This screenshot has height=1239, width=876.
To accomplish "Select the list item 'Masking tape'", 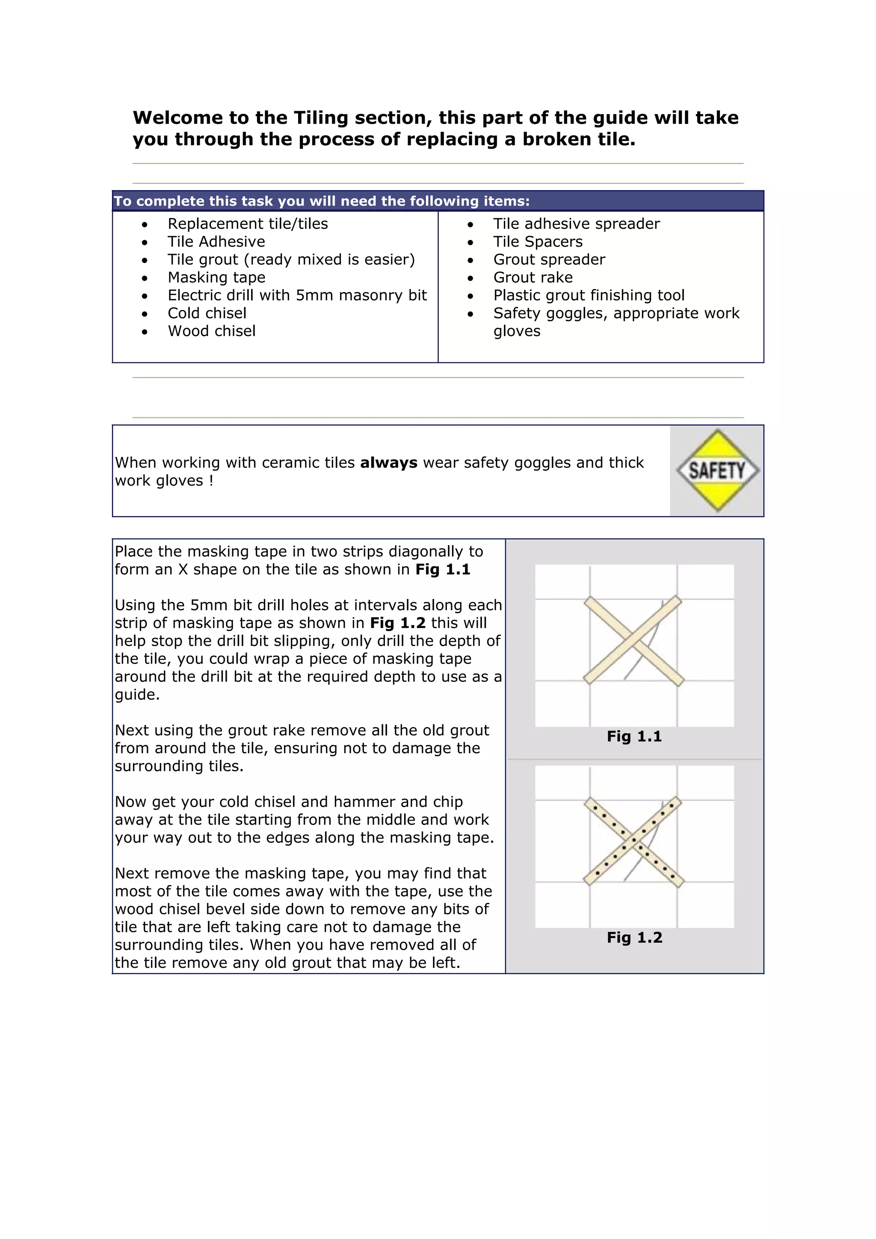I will (216, 277).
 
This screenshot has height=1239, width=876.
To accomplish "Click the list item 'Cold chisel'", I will (207, 313).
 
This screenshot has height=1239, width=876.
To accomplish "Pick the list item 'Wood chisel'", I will (212, 331).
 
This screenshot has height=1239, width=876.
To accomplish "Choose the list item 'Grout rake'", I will (533, 277).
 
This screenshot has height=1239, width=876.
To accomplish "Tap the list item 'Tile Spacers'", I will (538, 242).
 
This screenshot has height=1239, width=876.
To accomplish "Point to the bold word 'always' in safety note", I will (389, 463).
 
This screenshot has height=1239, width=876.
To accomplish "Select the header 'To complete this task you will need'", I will (322, 201).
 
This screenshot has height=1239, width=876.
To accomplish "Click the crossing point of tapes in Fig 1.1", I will (633, 641).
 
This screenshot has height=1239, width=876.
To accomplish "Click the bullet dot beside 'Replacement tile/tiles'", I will (145, 224).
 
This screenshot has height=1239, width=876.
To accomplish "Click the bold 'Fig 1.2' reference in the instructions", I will (398, 623).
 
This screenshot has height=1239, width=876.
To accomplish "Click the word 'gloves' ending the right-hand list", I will (517, 331).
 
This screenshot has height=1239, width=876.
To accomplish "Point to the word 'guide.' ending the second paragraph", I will (137, 694).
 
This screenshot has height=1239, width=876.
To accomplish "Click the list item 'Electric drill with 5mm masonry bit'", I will (297, 295).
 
